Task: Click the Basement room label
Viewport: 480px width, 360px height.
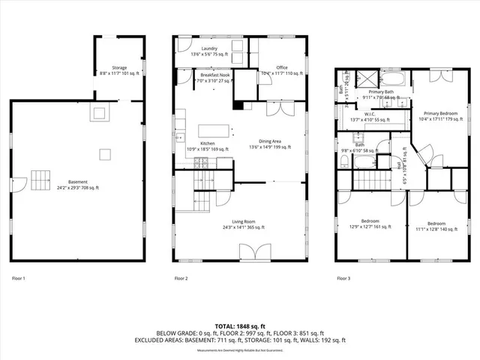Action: click(x=77, y=182)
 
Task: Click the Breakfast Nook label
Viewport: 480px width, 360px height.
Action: click(x=215, y=76)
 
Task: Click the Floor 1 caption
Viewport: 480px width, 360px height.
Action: click(x=18, y=278)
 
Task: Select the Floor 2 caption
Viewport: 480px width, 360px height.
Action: click(x=181, y=278)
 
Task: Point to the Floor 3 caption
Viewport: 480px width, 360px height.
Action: click(x=343, y=278)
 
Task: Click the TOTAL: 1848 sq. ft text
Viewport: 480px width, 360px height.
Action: click(x=240, y=326)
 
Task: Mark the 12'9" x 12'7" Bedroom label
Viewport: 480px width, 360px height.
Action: click(x=369, y=224)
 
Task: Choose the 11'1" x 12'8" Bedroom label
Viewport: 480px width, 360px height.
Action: click(x=436, y=226)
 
